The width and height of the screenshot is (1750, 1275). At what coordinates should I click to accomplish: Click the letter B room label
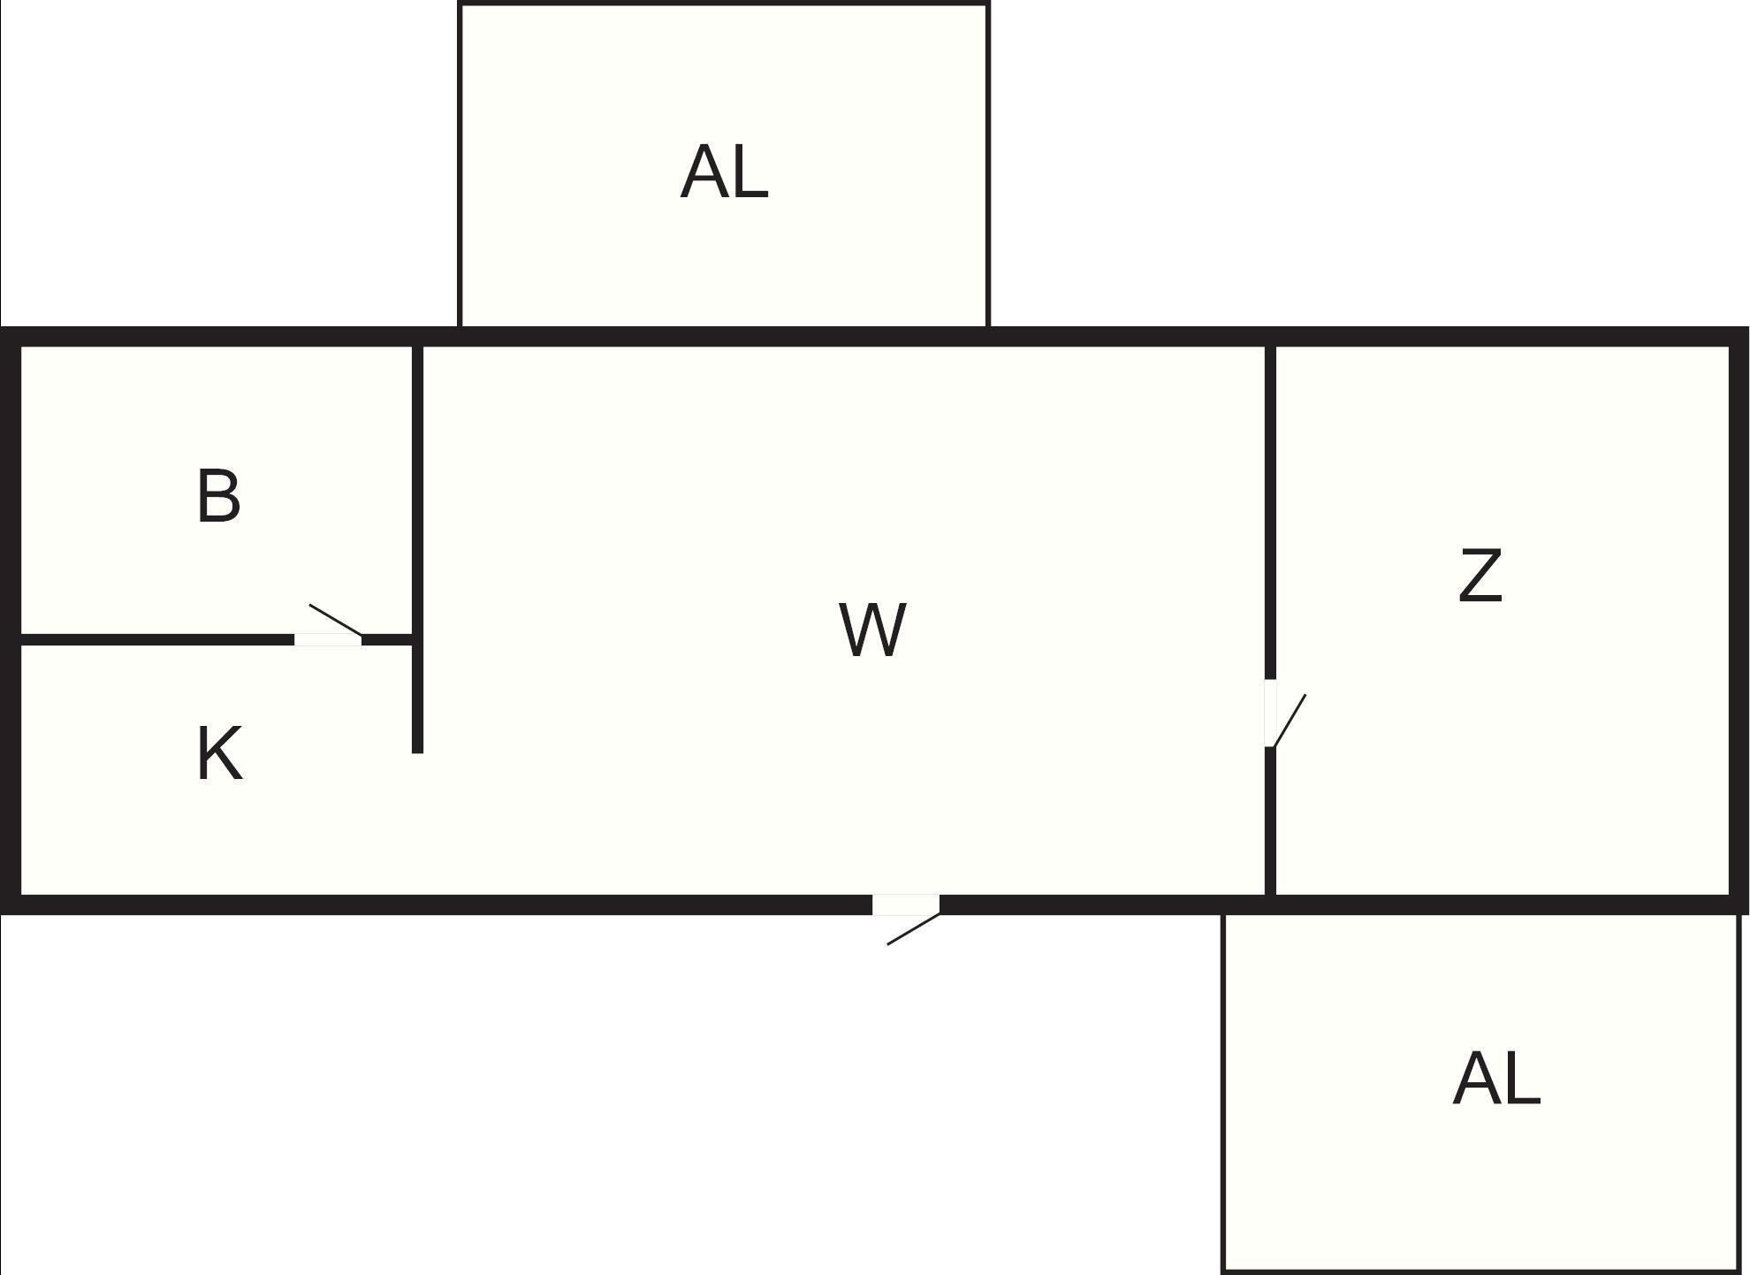pos(218,497)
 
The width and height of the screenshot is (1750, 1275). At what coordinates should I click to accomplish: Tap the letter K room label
pos(218,753)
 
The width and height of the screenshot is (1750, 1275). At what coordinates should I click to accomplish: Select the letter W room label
pos(872,630)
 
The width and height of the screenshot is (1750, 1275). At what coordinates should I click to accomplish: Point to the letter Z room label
pos(1480,576)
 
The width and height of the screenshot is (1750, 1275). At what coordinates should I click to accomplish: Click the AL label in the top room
pos(724,172)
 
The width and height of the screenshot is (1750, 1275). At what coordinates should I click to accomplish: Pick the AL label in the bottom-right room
pos(1496,1079)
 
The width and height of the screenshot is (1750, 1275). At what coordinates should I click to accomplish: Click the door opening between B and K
pos(328,639)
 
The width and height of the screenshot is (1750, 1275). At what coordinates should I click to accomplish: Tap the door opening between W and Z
pos(1270,713)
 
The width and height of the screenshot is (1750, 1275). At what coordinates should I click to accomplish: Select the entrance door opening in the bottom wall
pos(906,905)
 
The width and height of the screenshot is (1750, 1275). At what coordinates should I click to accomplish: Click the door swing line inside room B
pos(335,620)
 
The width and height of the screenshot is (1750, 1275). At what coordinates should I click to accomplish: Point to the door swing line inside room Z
pos(1290,721)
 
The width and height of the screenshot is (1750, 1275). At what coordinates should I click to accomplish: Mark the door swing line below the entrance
pos(913,929)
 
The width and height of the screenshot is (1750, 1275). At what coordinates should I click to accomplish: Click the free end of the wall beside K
pos(417,750)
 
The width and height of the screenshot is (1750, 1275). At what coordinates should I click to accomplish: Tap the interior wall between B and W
pos(417,486)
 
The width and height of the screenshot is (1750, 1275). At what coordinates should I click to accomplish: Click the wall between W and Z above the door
pos(1270,513)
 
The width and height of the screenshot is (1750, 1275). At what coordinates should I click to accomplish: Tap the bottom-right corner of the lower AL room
pos(1739,1271)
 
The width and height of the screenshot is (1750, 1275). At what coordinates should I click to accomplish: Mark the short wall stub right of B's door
pos(387,639)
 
